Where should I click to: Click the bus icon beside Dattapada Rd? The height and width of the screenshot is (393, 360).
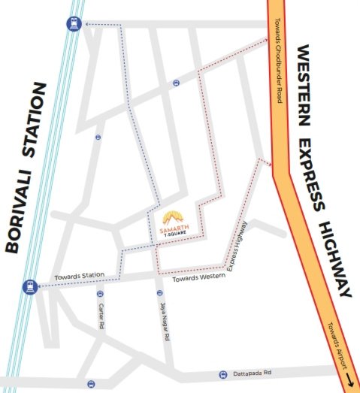pyautogui.click(x=222, y=373)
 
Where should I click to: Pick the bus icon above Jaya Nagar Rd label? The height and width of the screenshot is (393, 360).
pyautogui.click(x=159, y=292)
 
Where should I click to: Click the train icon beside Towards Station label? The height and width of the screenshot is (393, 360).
pyautogui.click(x=29, y=286)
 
